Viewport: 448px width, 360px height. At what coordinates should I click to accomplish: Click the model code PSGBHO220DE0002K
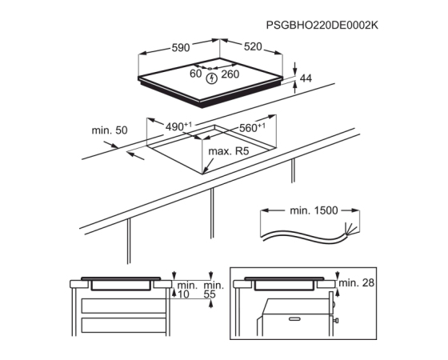[322, 25]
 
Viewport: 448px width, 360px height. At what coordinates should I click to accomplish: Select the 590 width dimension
[181, 47]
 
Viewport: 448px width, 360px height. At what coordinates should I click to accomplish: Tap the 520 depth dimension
[253, 46]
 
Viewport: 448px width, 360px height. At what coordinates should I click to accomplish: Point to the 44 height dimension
[306, 78]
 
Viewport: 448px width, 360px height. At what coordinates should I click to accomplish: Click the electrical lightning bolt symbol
[212, 78]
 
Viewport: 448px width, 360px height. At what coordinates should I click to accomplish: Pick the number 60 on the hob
[196, 74]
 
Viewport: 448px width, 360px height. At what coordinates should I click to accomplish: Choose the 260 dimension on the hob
[230, 74]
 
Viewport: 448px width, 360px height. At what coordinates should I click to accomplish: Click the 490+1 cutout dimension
[178, 126]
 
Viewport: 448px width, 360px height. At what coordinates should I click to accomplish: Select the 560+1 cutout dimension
[252, 127]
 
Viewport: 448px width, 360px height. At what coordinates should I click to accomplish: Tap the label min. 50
[110, 130]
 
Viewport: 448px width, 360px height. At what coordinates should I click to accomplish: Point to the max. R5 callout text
[229, 151]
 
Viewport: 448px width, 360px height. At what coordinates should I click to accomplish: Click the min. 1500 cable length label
[314, 210]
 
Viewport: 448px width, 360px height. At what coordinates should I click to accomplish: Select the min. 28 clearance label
[356, 283]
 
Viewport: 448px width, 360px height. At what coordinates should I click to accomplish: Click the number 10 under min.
[183, 294]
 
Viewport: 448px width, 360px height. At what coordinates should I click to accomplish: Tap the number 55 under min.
[210, 294]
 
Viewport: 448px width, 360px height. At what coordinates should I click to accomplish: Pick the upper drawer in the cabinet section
[124, 306]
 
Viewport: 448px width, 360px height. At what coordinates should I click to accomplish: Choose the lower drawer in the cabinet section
[124, 326]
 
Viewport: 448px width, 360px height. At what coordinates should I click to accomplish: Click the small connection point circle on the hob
[210, 69]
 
